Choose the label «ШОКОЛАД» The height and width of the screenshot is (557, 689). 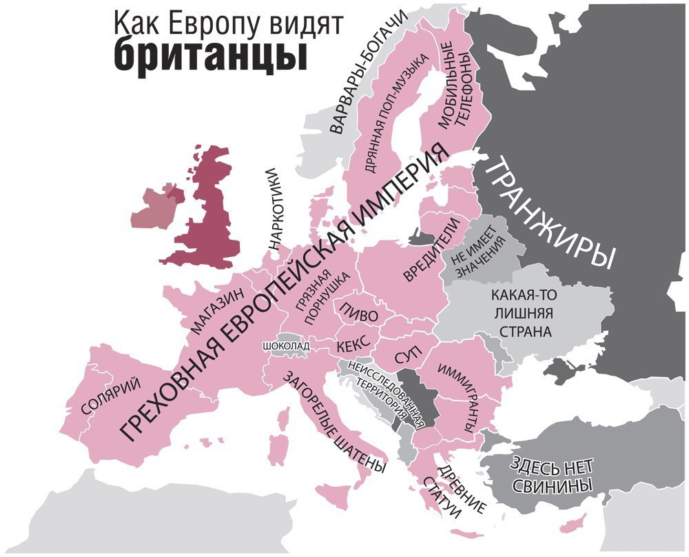[286, 345]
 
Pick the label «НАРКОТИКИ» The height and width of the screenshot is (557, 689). [274, 207]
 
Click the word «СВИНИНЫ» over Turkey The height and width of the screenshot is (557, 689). [552, 485]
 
